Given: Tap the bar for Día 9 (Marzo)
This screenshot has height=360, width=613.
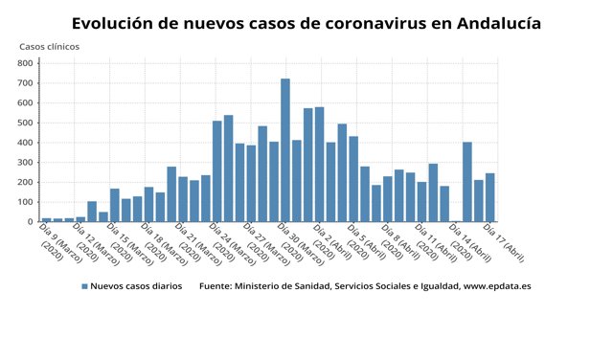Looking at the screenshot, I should [x=46, y=219].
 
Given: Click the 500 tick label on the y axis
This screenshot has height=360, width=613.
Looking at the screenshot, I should [x=26, y=123].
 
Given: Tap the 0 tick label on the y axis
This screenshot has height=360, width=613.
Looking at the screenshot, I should [x=32, y=221].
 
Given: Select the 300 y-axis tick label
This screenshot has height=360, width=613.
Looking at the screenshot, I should [x=26, y=163].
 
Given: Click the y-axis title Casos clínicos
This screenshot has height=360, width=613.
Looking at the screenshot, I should [x=50, y=46].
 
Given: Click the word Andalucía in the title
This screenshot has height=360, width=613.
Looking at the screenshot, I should [x=487, y=21].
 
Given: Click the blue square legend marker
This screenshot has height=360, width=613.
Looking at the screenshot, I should [x=84, y=286].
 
